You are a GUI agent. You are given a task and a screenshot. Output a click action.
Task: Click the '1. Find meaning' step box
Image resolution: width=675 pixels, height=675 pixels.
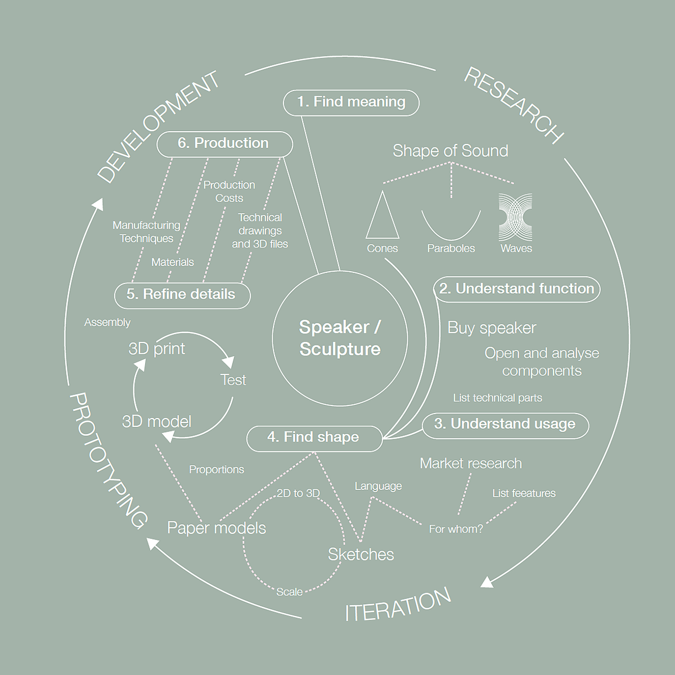pyautogui.click(x=351, y=102)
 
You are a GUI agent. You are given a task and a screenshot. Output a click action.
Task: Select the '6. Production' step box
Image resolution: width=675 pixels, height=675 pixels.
pyautogui.click(x=224, y=143)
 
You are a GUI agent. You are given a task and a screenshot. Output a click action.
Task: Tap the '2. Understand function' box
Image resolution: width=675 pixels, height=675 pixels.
pyautogui.click(x=516, y=289)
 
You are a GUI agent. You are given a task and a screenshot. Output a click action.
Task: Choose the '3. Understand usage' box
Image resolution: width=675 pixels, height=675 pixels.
pyautogui.click(x=505, y=425)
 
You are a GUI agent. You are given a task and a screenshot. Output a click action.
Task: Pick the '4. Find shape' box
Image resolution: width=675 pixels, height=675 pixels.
pyautogui.click(x=314, y=438)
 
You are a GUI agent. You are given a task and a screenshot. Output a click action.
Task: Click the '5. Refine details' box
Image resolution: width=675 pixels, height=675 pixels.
pyautogui.click(x=182, y=295)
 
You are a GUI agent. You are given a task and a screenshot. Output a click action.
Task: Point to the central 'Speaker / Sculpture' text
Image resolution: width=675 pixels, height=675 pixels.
pyautogui.click(x=340, y=338)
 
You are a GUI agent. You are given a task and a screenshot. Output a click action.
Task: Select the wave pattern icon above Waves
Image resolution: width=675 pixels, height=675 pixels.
pyautogui.click(x=515, y=218)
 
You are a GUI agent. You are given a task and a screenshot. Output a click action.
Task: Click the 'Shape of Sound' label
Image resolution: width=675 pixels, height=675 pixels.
pyautogui.click(x=450, y=151)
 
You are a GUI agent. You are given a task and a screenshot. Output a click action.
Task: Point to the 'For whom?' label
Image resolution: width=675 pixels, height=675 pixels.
pyautogui.click(x=456, y=529)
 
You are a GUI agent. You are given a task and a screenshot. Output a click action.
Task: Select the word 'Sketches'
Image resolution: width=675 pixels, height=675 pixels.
pyautogui.click(x=361, y=555)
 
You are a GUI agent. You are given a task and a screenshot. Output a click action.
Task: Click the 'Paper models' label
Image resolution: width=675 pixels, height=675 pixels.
pyautogui.click(x=217, y=528)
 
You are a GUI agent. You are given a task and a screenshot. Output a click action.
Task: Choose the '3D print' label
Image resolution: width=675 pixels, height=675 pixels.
pyautogui.click(x=156, y=349)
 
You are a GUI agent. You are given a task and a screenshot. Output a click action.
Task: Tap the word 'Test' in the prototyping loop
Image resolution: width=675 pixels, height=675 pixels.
pyautogui.click(x=233, y=380)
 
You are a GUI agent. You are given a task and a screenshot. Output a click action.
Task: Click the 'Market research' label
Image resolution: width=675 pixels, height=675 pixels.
pyautogui.click(x=471, y=463)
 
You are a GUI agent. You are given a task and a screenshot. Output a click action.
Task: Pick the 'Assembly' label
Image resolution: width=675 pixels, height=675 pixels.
pyautogui.click(x=107, y=322)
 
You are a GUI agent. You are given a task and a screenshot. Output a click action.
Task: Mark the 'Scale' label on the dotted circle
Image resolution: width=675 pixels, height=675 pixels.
pyautogui.click(x=289, y=592)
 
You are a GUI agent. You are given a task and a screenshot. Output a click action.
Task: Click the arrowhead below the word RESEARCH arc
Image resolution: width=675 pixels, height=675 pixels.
pyautogui.click(x=487, y=582)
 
